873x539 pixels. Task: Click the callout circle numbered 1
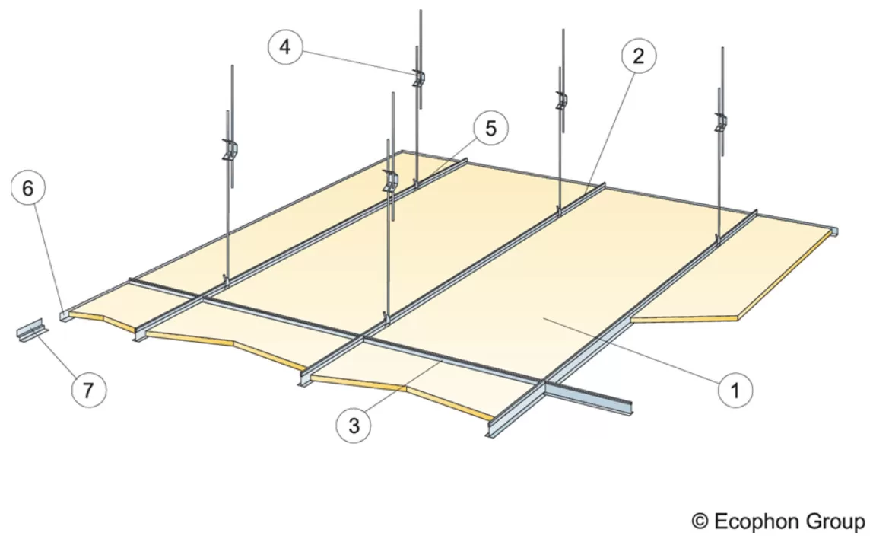click(735, 390)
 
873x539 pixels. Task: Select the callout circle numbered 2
click(638, 56)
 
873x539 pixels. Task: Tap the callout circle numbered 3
click(354, 426)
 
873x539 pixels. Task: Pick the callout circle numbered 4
click(285, 47)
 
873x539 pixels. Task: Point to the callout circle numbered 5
click(490, 129)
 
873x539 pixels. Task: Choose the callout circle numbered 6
click(28, 188)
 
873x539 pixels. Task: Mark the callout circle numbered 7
click(89, 390)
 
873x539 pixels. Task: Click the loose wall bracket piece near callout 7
click(32, 330)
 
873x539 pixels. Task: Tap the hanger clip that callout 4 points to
click(418, 78)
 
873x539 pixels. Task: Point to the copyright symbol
click(700, 521)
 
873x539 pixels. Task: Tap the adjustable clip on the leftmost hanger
click(230, 149)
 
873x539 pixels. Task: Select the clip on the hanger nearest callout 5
click(391, 182)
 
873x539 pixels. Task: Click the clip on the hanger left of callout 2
click(561, 100)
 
